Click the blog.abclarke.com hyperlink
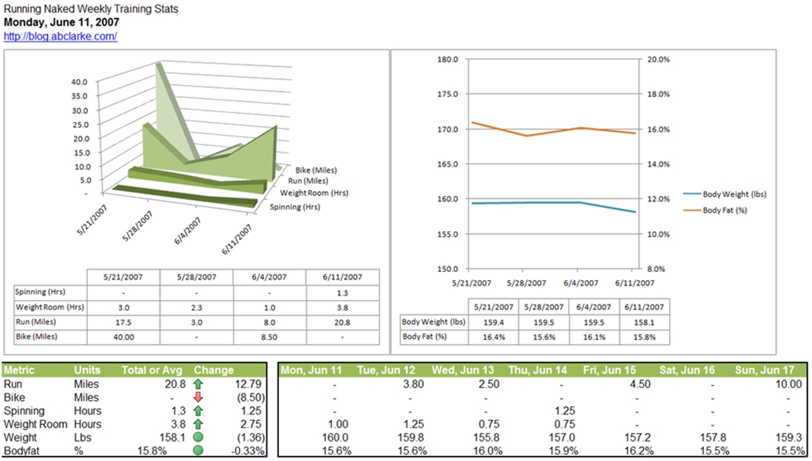coord(60,37)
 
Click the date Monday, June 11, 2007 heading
coord(62,22)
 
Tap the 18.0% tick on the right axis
coord(658,94)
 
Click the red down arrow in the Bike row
coord(198,397)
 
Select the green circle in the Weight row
coord(198,438)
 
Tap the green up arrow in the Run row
coord(198,384)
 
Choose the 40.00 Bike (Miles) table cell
coord(123,337)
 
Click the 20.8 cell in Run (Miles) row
coord(342,322)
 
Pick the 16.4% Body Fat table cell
coord(494,337)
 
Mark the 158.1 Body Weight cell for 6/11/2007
coord(644,322)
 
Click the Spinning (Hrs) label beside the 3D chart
coord(294,207)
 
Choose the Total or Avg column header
coord(152,370)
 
